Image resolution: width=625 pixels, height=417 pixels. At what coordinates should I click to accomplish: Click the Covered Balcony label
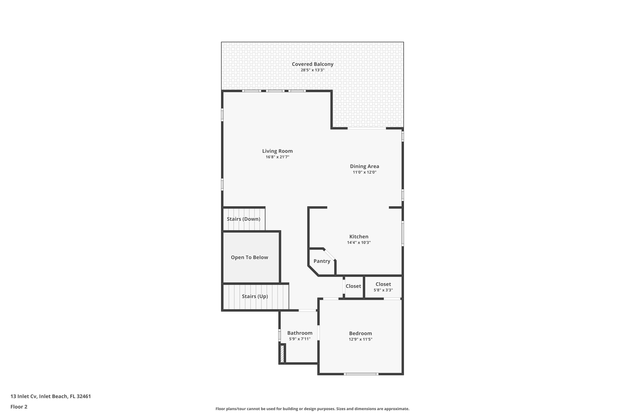(312, 64)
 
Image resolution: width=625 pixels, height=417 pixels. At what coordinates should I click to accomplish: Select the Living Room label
(277, 151)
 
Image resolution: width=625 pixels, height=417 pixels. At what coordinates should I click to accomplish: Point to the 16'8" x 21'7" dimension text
(277, 157)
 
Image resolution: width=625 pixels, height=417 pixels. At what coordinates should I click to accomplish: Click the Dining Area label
(364, 166)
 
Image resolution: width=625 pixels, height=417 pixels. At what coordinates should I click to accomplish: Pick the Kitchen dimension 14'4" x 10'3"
(359, 242)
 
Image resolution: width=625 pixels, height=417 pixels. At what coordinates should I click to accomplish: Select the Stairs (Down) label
(243, 219)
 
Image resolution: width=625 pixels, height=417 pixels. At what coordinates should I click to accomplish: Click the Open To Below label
(249, 257)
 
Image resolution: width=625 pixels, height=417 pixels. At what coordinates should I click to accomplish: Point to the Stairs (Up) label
(255, 296)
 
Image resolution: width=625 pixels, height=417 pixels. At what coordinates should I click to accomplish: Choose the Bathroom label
(300, 333)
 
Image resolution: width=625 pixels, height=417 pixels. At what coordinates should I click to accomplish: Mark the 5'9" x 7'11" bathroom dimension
(300, 339)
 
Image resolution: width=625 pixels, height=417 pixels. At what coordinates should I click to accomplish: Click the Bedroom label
(360, 333)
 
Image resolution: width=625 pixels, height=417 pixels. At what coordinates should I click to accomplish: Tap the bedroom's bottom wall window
(361, 374)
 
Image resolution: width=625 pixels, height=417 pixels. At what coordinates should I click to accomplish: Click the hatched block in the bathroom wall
(282, 354)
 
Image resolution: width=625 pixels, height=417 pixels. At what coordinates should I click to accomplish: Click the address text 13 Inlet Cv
(50, 396)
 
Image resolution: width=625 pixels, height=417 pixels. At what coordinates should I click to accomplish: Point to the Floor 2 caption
(19, 407)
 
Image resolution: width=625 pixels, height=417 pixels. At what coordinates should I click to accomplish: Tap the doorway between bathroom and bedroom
(318, 333)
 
